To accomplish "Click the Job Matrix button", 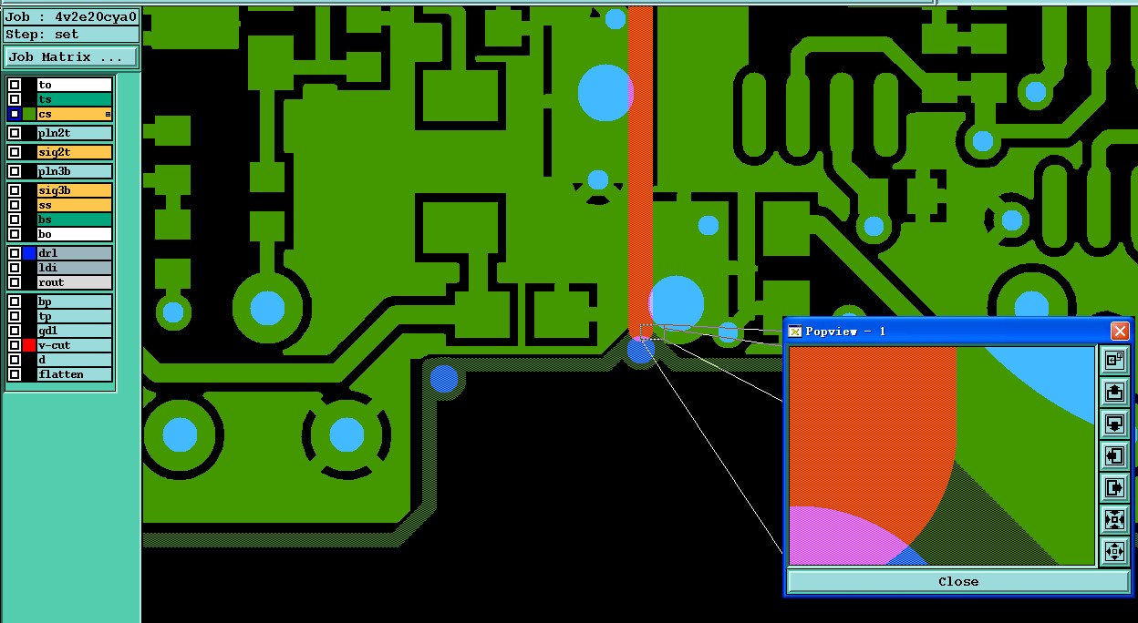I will click(x=70, y=56).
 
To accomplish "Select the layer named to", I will click(x=73, y=85).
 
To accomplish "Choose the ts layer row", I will click(x=73, y=99).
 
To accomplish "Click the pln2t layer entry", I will click(x=73, y=133).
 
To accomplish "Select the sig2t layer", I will click(x=73, y=152).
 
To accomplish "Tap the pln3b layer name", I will click(x=73, y=171).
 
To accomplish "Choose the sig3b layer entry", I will click(x=73, y=190).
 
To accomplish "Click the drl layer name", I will click(x=73, y=253).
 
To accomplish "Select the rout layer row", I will click(x=73, y=282).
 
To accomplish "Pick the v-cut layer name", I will click(x=73, y=345).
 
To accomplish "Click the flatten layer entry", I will click(x=73, y=374).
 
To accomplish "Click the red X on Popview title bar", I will click(x=1120, y=331).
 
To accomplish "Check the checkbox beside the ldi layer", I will click(x=15, y=268).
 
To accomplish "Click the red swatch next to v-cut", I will click(x=29, y=345).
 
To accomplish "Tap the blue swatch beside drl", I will click(x=29, y=253).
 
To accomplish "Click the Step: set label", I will click(x=43, y=35).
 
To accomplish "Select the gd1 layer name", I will click(x=73, y=331).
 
